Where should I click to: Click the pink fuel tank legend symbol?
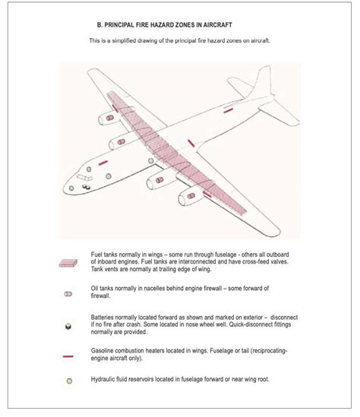[x=68, y=263]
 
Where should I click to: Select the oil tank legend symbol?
[x=68, y=292]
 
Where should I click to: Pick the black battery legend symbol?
[x=68, y=325]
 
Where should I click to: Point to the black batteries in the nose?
[x=84, y=180]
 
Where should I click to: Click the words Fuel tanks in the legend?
[x=106, y=253]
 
